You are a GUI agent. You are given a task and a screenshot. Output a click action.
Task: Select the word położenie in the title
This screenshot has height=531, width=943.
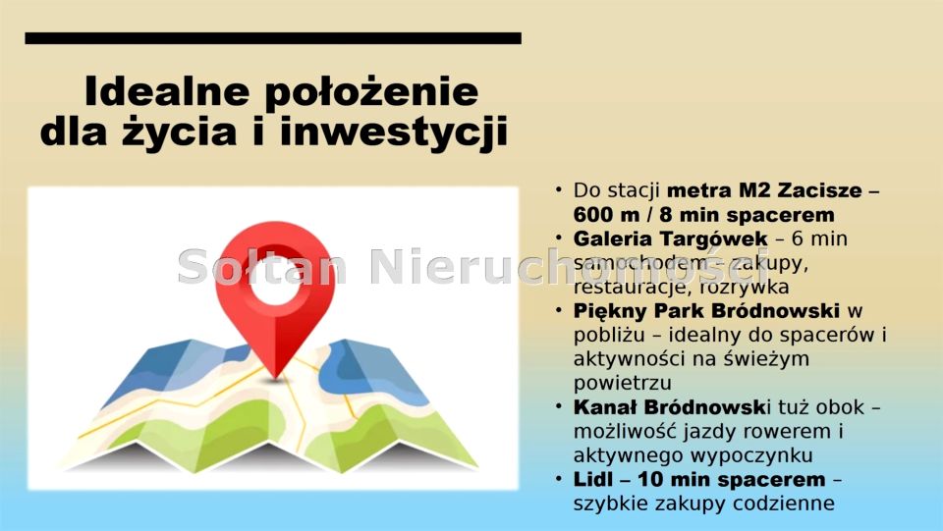coord(370,92)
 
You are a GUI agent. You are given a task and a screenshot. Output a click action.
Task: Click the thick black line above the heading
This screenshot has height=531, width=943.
coord(272,38)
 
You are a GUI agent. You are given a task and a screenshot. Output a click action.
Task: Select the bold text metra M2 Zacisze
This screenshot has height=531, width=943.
coord(764,190)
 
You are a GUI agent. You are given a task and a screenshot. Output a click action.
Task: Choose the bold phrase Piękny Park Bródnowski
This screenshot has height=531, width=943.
coord(706,311)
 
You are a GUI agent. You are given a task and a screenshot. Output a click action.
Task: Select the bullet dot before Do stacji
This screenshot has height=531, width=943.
coord(559,189)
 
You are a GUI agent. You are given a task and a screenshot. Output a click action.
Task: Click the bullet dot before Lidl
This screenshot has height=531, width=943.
coord(559,479)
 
